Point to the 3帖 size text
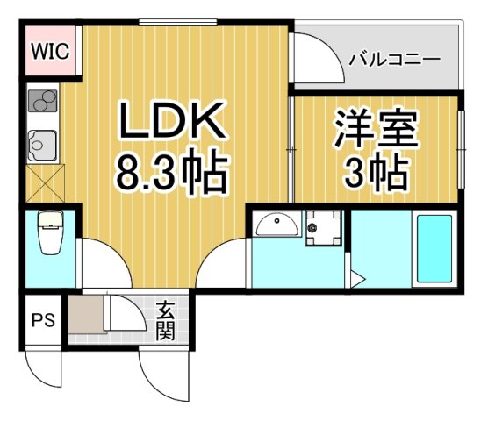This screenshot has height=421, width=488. click(x=374, y=173)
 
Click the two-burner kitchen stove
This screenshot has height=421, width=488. click(x=41, y=103)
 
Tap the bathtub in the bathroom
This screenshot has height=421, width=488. click(x=432, y=246)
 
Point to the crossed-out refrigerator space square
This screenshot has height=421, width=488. click(x=41, y=185)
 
